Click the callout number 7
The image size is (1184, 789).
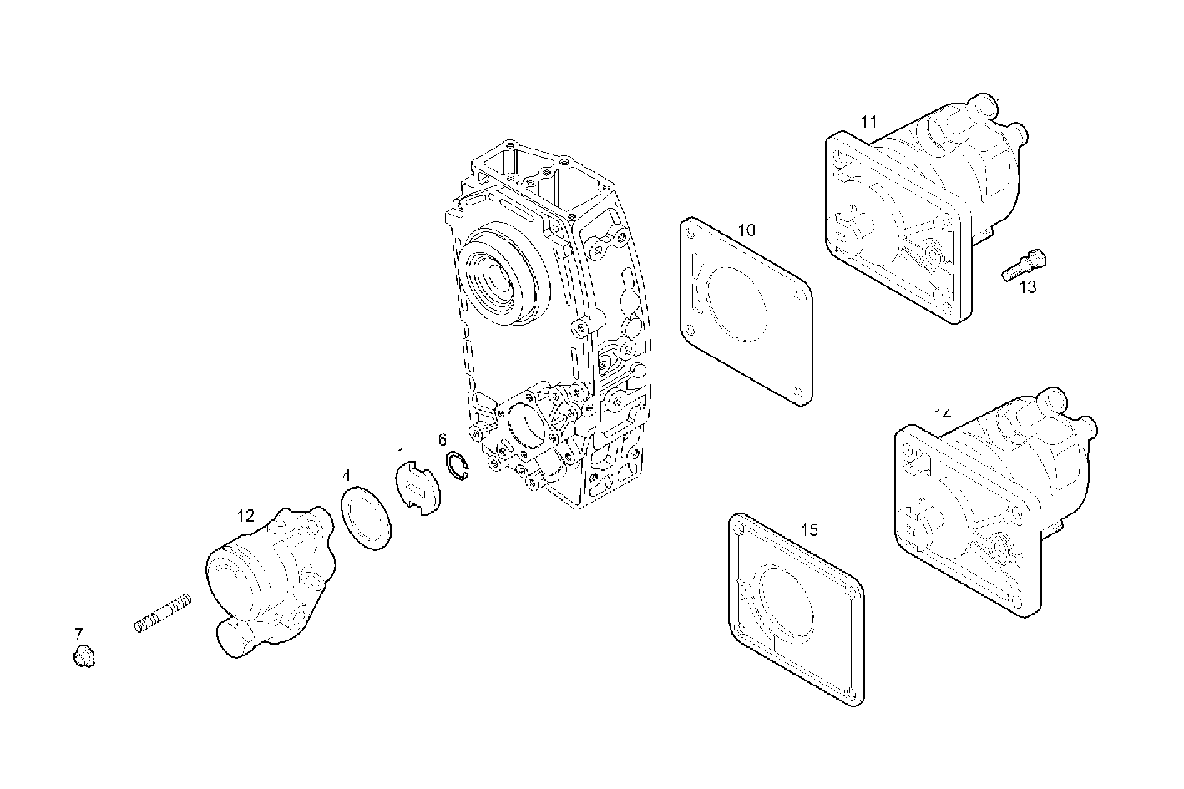pyautogui.click(x=78, y=633)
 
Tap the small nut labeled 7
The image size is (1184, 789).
pyautogui.click(x=82, y=657)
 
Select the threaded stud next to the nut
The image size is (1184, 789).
pyautogui.click(x=163, y=613)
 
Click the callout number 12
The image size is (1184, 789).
pyautogui.click(x=245, y=516)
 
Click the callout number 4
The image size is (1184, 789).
pyautogui.click(x=346, y=476)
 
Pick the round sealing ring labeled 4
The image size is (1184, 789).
pyautogui.click(x=367, y=517)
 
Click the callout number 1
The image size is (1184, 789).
pyautogui.click(x=401, y=453)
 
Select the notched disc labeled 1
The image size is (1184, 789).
pyautogui.click(x=417, y=489)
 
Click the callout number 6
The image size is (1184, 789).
pyautogui.click(x=443, y=440)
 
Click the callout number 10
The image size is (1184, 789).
pyautogui.click(x=746, y=230)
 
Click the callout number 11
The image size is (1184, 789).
pyautogui.click(x=869, y=122)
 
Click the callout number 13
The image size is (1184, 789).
pyautogui.click(x=1028, y=287)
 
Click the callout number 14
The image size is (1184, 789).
pyautogui.click(x=943, y=414)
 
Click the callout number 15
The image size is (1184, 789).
pyautogui.click(x=809, y=530)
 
